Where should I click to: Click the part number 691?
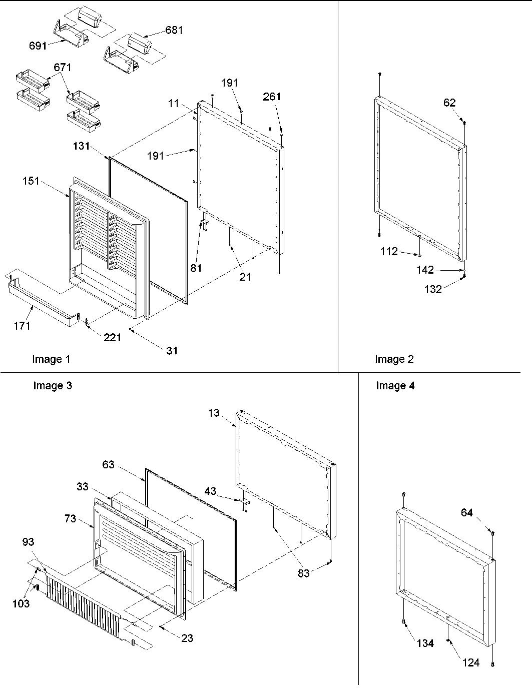pyautogui.click(x=38, y=46)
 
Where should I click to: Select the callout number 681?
pyautogui.click(x=174, y=30)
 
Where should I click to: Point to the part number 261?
pyautogui.click(x=272, y=97)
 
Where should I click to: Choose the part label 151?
pyautogui.click(x=31, y=181)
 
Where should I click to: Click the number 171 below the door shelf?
pyautogui.click(x=22, y=326)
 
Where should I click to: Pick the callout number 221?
pyautogui.click(x=112, y=337)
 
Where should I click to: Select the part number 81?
pyautogui.click(x=196, y=268)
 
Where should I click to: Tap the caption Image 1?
pyautogui.click(x=51, y=359)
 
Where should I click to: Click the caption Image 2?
pyautogui.click(x=394, y=359)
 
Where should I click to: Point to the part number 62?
pyautogui.click(x=449, y=103)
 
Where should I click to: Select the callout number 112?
pyautogui.click(x=389, y=251)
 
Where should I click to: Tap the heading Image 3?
pyautogui.click(x=52, y=385)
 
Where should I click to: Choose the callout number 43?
pyautogui.click(x=210, y=491)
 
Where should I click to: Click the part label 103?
pyautogui.click(x=22, y=603)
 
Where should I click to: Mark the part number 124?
pyautogui.click(x=471, y=662)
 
